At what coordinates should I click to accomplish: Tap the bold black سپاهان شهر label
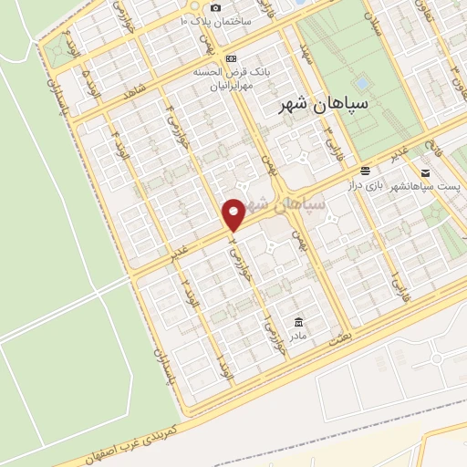327,106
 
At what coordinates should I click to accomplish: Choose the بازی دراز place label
362,186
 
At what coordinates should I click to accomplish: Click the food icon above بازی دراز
365,171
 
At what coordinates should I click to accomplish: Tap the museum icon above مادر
299,322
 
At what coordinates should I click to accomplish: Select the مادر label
298,337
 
